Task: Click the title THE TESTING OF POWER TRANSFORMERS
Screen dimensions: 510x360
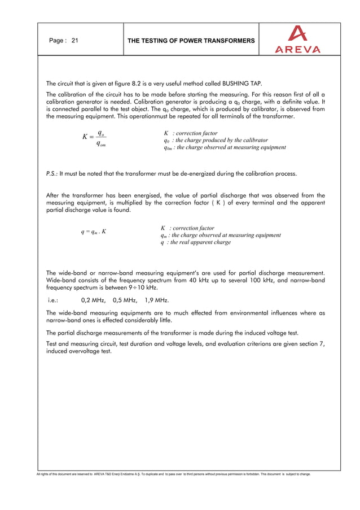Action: pos(191,41)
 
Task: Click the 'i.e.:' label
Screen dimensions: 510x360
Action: pos(53,300)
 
